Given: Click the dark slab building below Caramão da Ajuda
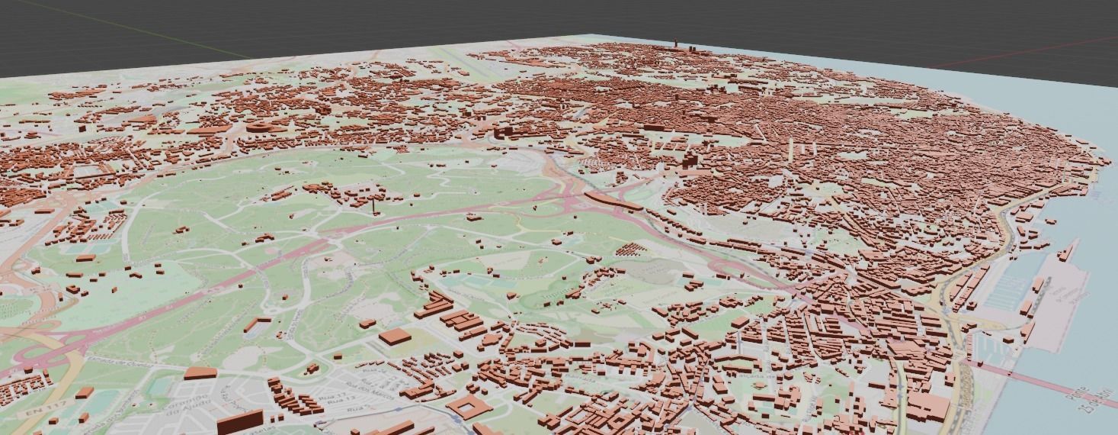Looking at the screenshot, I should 239,422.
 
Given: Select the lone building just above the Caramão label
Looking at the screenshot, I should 200,373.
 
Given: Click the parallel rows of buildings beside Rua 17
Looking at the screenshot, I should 293,400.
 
